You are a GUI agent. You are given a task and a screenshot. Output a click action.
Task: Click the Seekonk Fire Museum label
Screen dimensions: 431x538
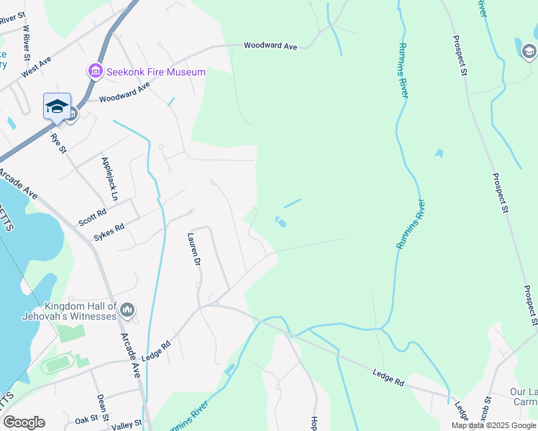(x=156, y=72)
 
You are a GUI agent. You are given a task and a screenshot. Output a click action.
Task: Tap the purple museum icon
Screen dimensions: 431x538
(x=95, y=71)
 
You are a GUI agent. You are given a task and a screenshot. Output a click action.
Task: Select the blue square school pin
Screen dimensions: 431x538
(x=57, y=108)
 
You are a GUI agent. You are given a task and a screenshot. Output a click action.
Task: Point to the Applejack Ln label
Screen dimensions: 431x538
(x=109, y=178)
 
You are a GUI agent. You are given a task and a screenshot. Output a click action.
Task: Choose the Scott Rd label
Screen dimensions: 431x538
(x=92, y=213)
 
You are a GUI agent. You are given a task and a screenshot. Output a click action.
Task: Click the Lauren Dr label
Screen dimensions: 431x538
(x=192, y=249)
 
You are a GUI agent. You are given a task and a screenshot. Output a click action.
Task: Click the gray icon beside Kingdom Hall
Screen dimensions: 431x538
(x=128, y=310)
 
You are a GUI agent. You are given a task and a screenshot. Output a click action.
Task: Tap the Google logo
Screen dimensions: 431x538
(x=24, y=422)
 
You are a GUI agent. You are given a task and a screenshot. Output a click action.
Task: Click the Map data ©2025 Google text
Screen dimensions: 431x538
(x=493, y=425)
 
